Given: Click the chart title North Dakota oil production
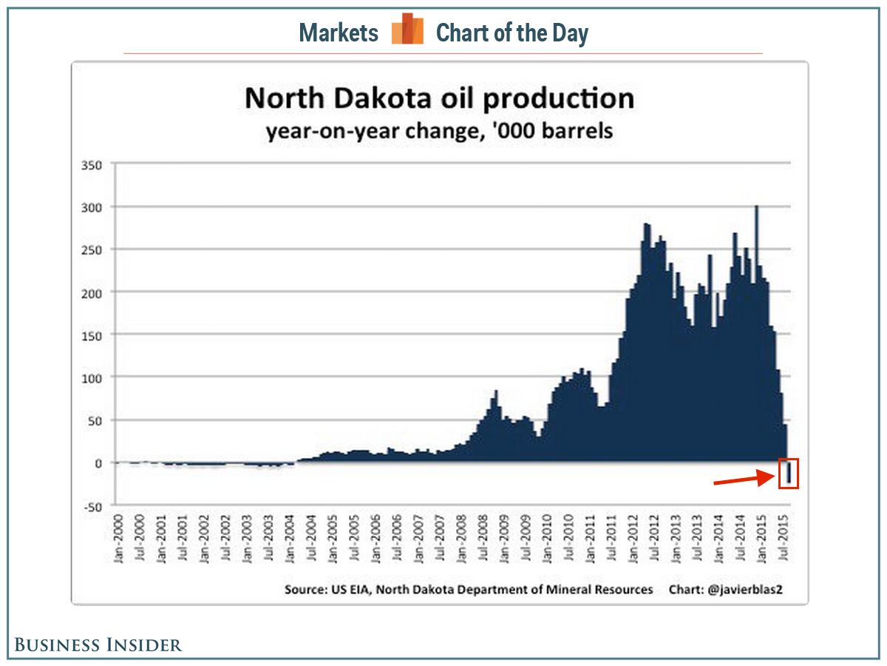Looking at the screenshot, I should (x=439, y=98).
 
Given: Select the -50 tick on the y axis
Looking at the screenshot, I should (x=92, y=506).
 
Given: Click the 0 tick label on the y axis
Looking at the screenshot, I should (x=97, y=463).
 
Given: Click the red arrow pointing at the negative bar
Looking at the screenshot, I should (x=745, y=480).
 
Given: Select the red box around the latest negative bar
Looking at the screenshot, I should (x=789, y=473).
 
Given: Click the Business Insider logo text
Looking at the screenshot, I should (x=98, y=645).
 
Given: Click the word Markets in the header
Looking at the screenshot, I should (x=339, y=33).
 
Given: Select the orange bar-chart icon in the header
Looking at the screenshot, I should (x=407, y=30).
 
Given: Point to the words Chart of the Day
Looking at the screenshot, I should (x=512, y=33).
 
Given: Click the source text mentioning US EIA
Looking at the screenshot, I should (x=469, y=589).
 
